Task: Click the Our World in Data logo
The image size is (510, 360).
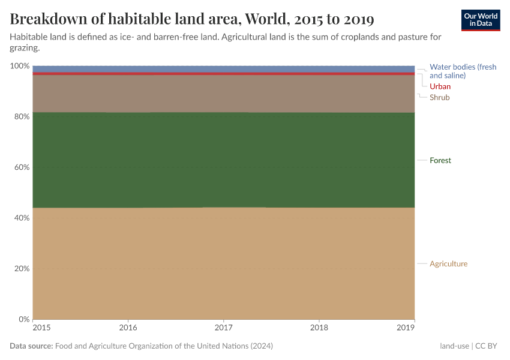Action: point(480,20)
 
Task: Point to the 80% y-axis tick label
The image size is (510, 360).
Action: point(21,116)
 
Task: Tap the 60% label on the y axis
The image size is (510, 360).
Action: point(21,167)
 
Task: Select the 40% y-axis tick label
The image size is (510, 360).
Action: point(21,218)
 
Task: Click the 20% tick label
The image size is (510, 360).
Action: point(21,268)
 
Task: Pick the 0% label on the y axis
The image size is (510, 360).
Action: point(23,319)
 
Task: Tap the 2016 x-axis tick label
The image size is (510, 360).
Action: point(128,328)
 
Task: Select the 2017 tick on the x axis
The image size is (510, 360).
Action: point(224,328)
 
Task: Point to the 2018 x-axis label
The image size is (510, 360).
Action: point(319,328)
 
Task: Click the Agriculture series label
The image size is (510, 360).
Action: point(448,264)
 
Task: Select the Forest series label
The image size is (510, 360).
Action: point(440,160)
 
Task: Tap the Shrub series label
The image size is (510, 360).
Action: point(439,97)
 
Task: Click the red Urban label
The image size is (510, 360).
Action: point(440,86)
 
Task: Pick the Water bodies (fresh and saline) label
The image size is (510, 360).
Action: point(463,71)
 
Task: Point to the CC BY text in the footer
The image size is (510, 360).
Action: point(487,346)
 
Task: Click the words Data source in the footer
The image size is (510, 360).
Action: point(31,346)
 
